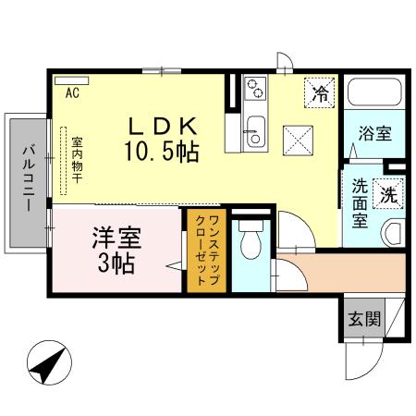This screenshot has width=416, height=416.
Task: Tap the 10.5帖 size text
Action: pyautogui.click(x=161, y=150)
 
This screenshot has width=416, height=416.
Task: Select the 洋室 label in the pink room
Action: pyautogui.click(x=115, y=237)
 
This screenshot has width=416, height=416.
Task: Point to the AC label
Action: pyautogui.click(x=72, y=92)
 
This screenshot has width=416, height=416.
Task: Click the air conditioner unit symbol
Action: pyautogui.click(x=72, y=80)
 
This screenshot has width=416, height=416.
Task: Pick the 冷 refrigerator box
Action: pyautogui.click(x=320, y=92)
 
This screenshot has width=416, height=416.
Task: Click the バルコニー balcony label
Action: pyautogui.click(x=28, y=178)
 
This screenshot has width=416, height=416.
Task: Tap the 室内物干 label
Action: pyautogui.click(x=78, y=165)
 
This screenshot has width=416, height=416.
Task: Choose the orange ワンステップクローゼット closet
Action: pyautogui.click(x=207, y=251)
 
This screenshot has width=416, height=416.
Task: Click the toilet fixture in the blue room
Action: pyautogui.click(x=249, y=242)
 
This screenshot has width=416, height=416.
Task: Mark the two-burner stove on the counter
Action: pyautogui.click(x=255, y=91)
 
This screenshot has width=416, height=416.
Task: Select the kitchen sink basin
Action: pyautogui.click(x=255, y=130)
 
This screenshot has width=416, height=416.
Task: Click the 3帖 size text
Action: pyautogui.click(x=116, y=263)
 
